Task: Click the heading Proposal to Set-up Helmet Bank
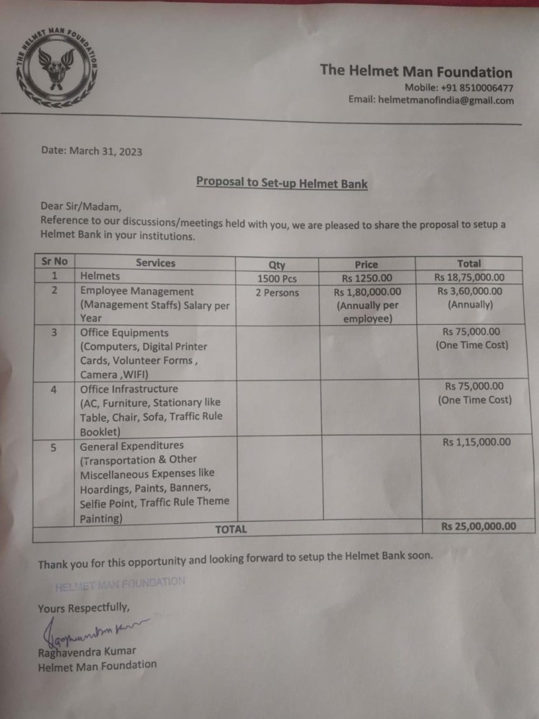point(282,183)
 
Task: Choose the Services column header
point(155,263)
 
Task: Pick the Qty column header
point(277,265)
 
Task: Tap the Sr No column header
point(51,262)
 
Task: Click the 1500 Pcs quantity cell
point(277,278)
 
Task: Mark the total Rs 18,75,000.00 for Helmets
point(469,277)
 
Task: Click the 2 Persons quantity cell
point(277,293)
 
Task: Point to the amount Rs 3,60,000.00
point(471,291)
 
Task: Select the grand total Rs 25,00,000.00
point(479,526)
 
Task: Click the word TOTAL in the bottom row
point(231,529)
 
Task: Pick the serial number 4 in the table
point(54,389)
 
